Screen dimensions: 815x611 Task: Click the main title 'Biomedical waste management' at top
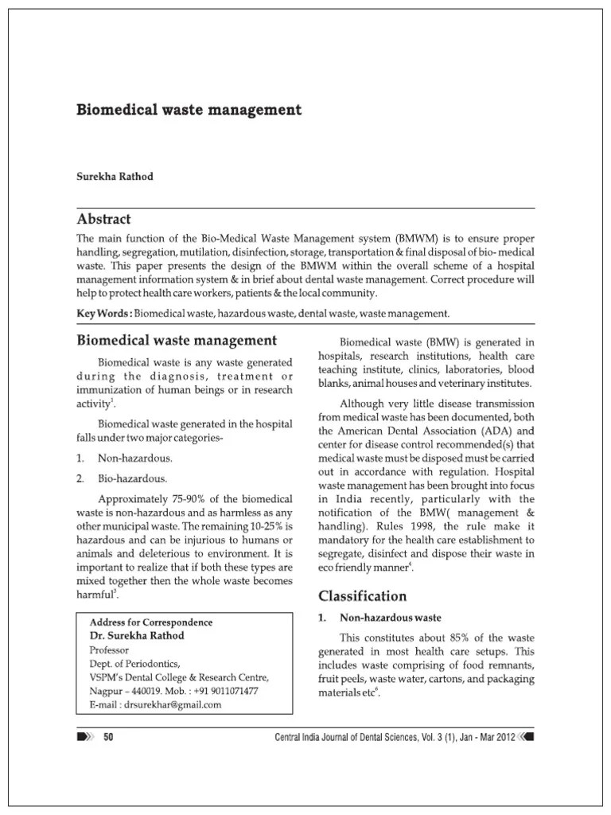pyautogui.click(x=189, y=110)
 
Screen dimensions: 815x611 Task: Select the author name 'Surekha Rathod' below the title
pyautogui.click(x=115, y=177)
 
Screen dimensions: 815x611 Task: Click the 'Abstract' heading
pyautogui.click(x=103, y=219)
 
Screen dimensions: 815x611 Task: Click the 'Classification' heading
pyautogui.click(x=363, y=595)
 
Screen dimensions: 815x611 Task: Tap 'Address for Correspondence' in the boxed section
pyautogui.click(x=150, y=622)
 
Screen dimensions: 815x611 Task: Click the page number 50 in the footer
pyautogui.click(x=110, y=738)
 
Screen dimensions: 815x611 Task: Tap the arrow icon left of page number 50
pyautogui.click(x=84, y=738)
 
